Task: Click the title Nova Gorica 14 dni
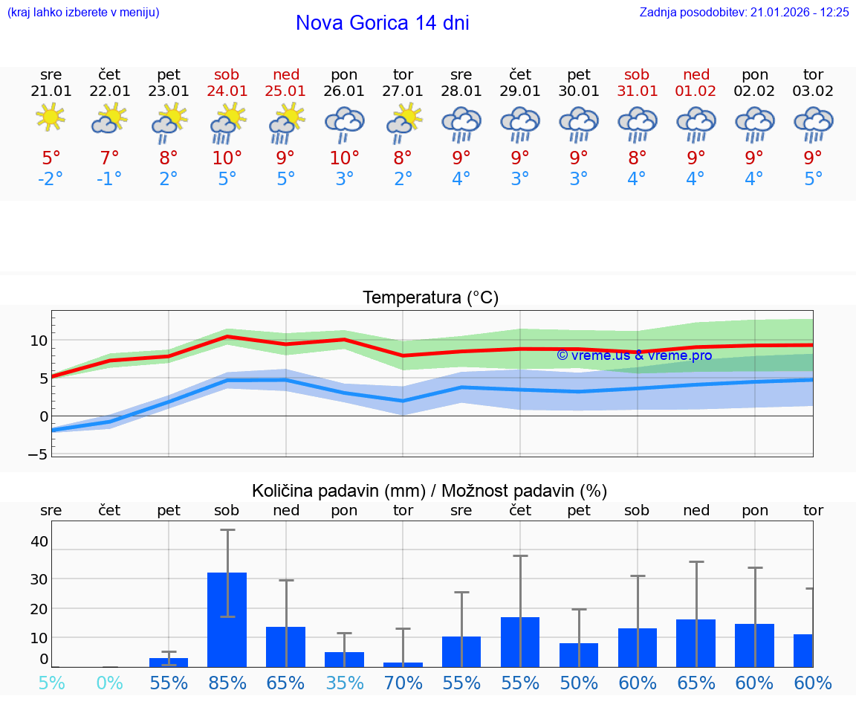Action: pyautogui.click(x=382, y=23)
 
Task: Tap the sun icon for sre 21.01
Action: pyautogui.click(x=51, y=117)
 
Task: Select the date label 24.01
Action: pyautogui.click(x=227, y=91)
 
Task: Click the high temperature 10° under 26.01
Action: pyautogui.click(x=344, y=158)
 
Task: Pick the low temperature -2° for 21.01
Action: pyautogui.click(x=51, y=179)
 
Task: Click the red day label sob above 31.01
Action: pyautogui.click(x=637, y=74)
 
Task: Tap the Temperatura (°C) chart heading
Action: pyautogui.click(x=430, y=298)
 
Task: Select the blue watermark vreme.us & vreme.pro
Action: pyautogui.click(x=634, y=355)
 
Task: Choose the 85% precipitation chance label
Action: pyautogui.click(x=227, y=683)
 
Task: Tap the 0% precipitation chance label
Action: pyautogui.click(x=109, y=683)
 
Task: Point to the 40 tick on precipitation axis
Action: pyautogui.click(x=39, y=541)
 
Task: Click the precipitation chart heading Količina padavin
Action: pyautogui.click(x=429, y=491)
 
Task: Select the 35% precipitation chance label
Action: pyautogui.click(x=344, y=683)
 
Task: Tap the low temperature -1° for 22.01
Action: pyautogui.click(x=109, y=179)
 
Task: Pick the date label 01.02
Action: pyautogui.click(x=695, y=91)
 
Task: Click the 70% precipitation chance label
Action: pyautogui.click(x=403, y=683)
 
